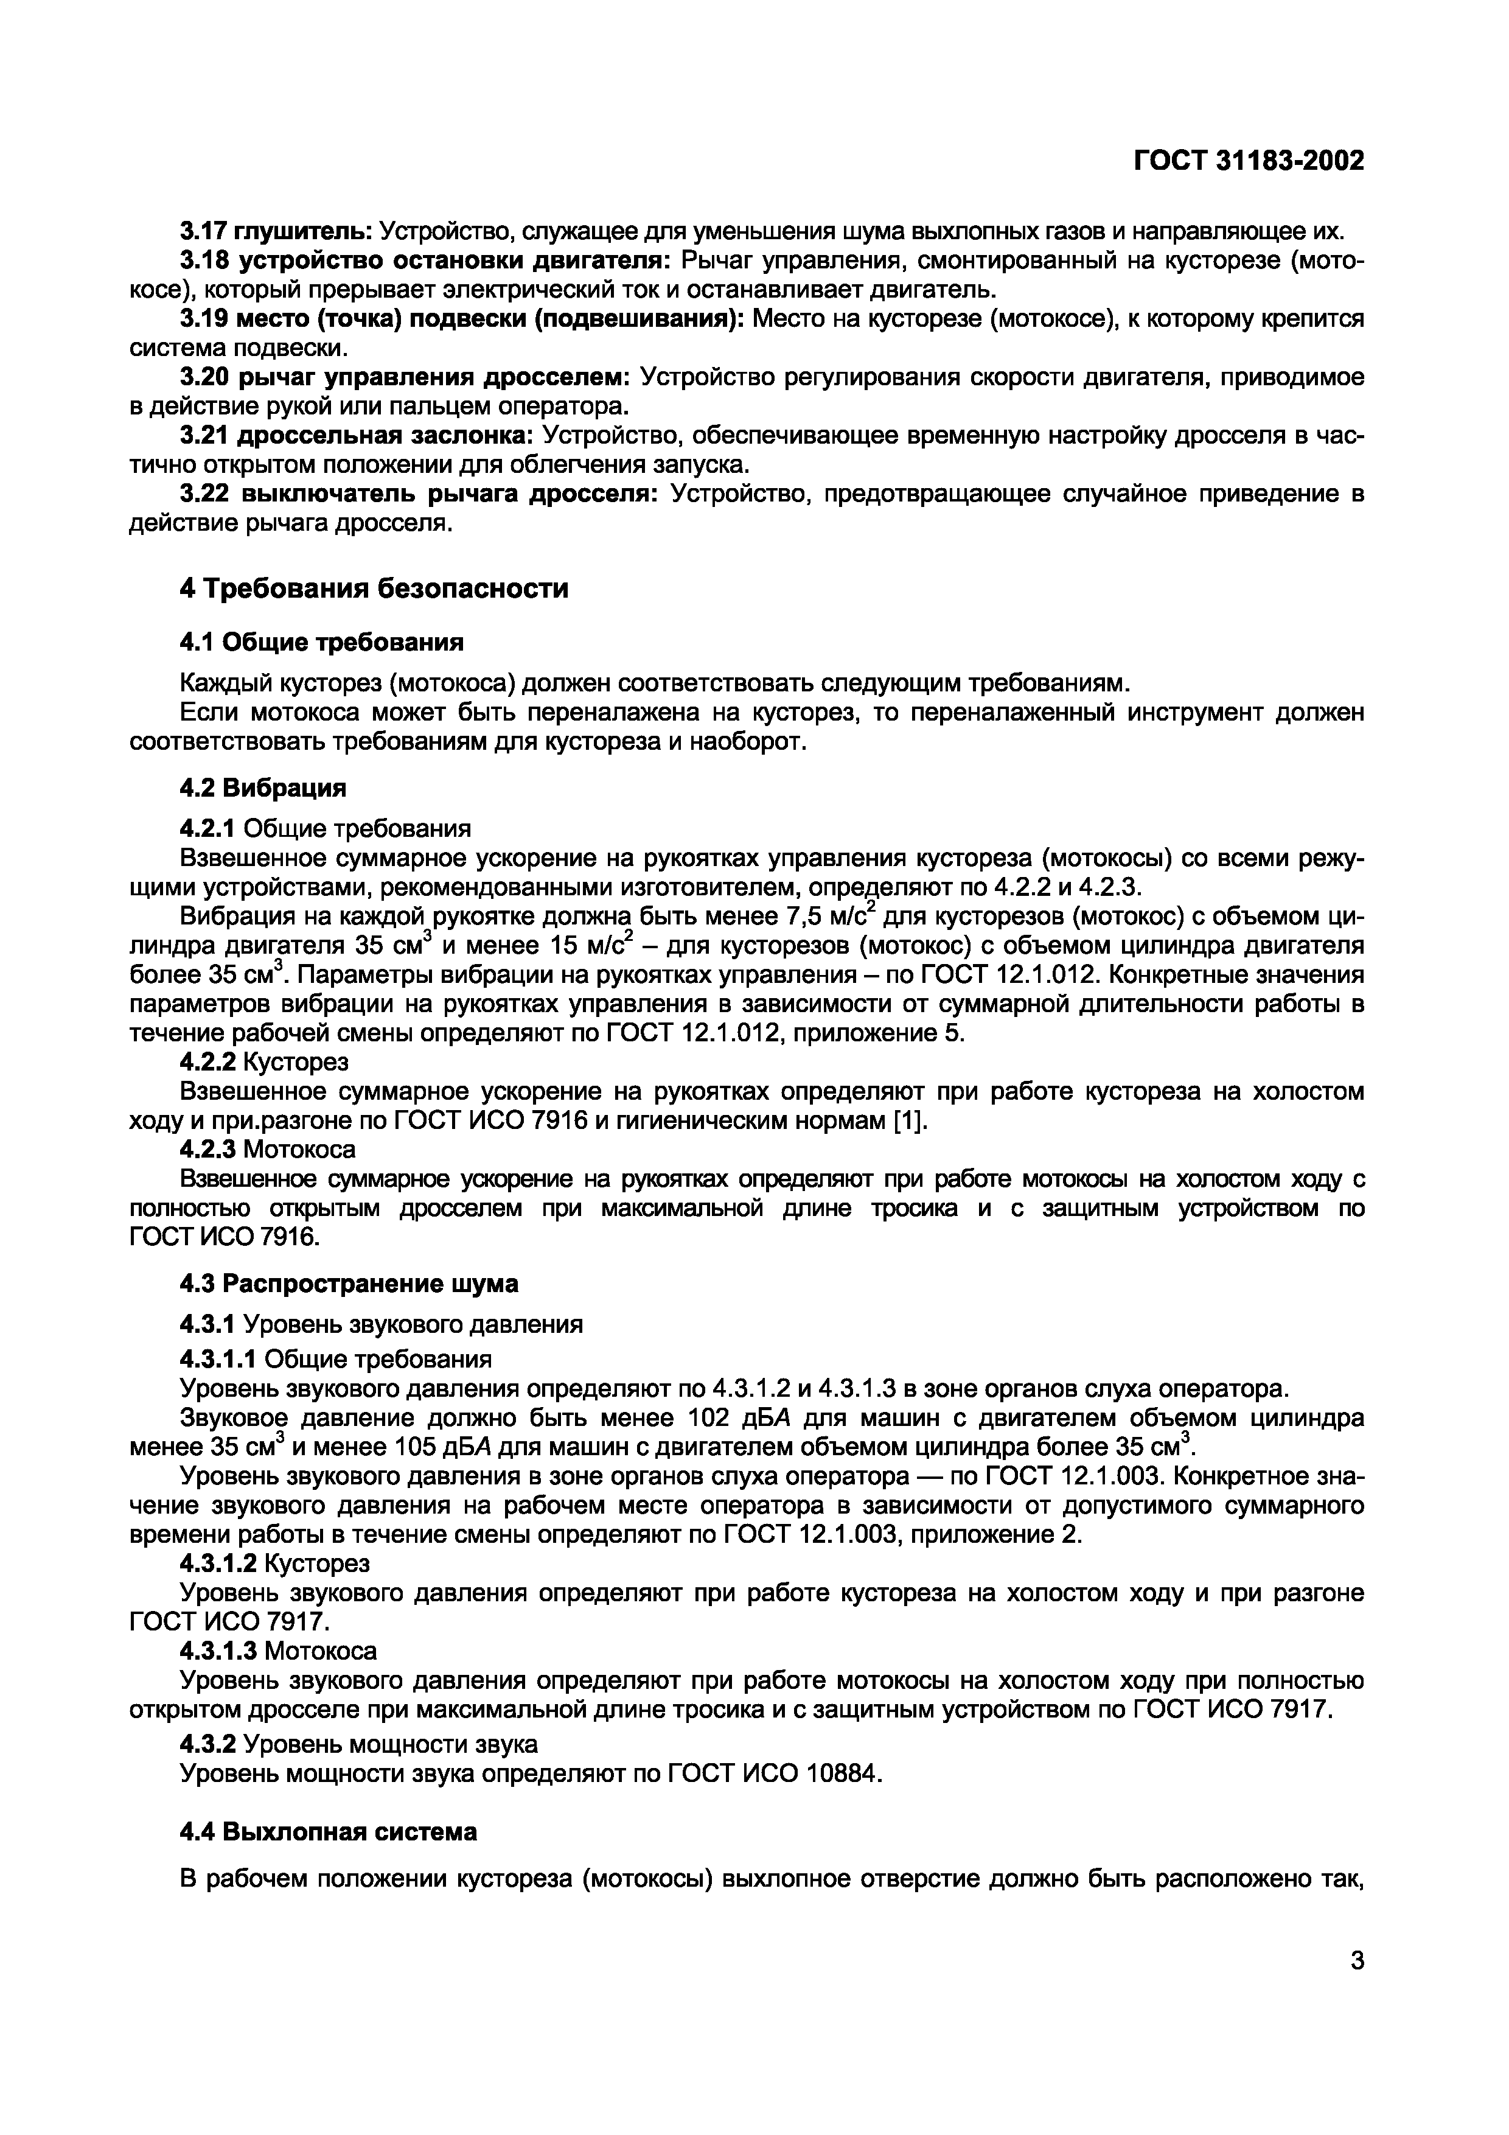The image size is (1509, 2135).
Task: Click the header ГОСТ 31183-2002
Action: pyautogui.click(x=1248, y=162)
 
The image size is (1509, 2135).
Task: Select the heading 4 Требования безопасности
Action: pyautogui.click(x=373, y=589)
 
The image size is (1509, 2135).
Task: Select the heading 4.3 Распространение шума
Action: pyautogui.click(x=349, y=1284)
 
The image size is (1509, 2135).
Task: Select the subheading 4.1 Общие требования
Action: pyautogui.click(x=321, y=643)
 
